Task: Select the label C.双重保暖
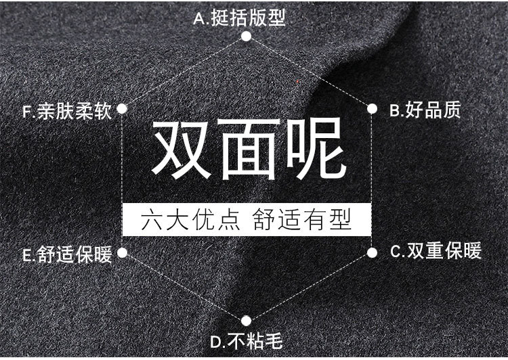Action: (436, 252)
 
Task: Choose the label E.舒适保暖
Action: (66, 255)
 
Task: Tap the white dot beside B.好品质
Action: (372, 108)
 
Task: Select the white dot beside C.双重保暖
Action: (372, 252)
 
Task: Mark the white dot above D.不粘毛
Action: (247, 319)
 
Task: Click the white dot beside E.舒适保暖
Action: (123, 253)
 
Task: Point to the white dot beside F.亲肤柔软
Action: (123, 108)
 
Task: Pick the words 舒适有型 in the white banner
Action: (302, 220)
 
